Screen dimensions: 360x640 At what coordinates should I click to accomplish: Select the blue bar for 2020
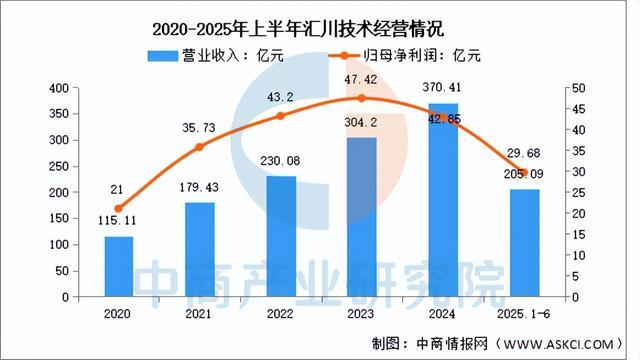coord(119,267)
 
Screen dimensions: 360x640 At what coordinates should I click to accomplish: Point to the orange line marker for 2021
coord(199,148)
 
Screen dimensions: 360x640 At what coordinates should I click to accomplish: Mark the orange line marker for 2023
coord(361,98)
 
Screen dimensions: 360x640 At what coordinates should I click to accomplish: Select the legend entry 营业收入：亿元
coord(215,55)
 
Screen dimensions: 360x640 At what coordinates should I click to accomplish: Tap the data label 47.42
coord(361,78)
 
